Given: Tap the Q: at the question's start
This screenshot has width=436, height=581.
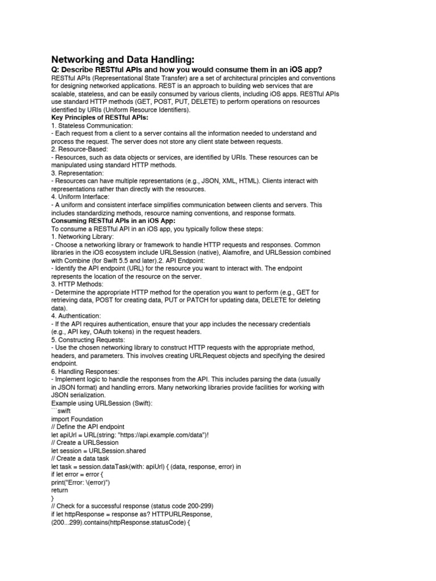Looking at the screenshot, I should [56, 69].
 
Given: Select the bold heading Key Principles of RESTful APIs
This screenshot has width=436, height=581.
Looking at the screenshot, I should [99, 117].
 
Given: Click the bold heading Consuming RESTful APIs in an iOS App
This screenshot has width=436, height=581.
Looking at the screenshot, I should [114, 221].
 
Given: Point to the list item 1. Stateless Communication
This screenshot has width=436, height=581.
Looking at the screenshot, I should [91, 125].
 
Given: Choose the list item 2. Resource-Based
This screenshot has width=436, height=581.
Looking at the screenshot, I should [81, 149].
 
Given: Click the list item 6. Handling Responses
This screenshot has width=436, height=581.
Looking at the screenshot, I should [88, 371].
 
